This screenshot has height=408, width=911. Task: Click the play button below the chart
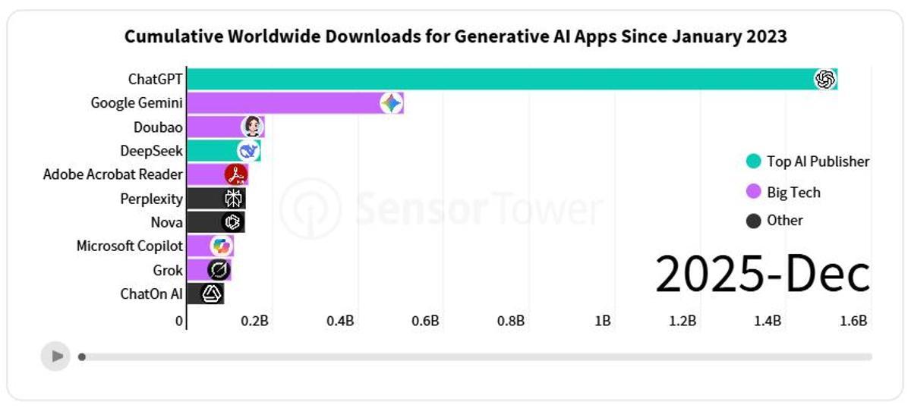[x=55, y=356]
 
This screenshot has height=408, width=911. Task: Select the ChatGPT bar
[x=501, y=79]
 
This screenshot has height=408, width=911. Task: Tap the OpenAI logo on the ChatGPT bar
[x=824, y=79]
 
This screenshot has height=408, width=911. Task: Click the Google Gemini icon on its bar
[x=391, y=103]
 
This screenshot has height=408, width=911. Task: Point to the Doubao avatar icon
[x=252, y=127]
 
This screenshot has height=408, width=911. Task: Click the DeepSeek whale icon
[x=248, y=150]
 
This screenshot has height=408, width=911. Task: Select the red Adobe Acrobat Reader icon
[x=236, y=174]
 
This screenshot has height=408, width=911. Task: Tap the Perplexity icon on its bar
[x=233, y=199]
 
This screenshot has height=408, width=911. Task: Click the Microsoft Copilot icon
[x=221, y=246]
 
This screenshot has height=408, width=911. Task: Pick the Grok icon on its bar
[x=219, y=269]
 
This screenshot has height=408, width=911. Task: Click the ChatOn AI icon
[x=212, y=293]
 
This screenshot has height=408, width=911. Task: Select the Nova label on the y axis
[x=166, y=222]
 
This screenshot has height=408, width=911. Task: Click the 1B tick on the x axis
[x=603, y=321]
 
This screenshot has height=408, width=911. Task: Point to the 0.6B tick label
[x=425, y=321]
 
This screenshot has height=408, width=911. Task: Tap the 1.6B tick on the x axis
[x=853, y=321]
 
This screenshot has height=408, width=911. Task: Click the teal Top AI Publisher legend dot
[x=753, y=161]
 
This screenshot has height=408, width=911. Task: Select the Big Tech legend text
[x=793, y=193]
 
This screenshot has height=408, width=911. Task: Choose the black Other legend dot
[x=753, y=221]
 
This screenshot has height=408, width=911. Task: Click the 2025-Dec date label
[x=762, y=275]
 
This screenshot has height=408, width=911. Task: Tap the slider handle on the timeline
[x=82, y=356]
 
